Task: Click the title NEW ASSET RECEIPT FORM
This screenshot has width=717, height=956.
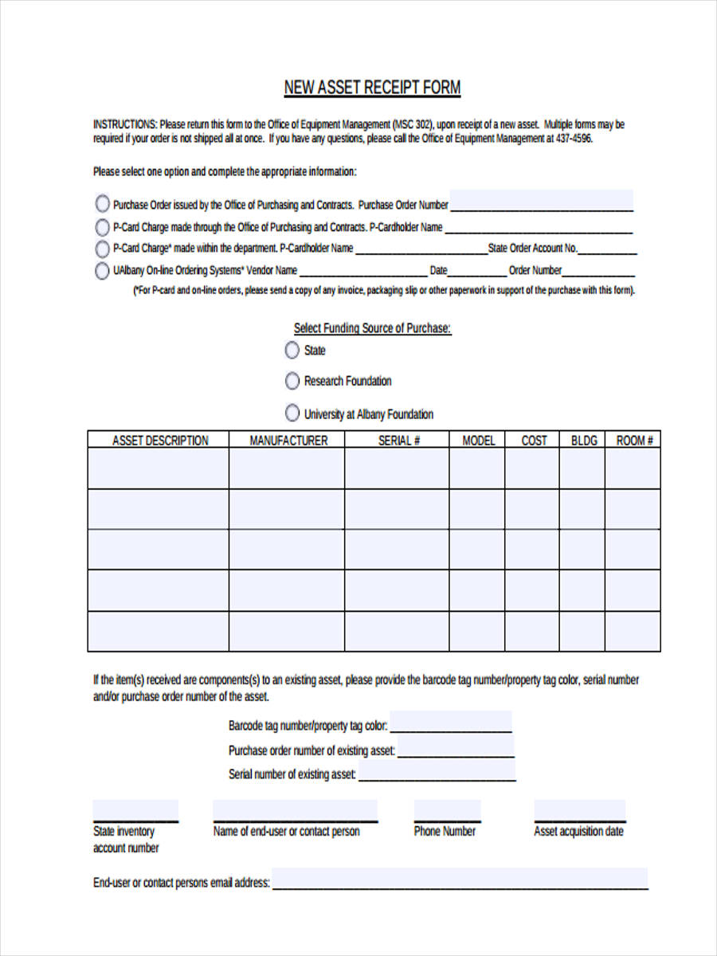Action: [x=372, y=88]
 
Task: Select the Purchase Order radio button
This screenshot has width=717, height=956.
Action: [x=102, y=204]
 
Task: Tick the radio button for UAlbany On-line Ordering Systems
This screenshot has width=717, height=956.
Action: [x=102, y=271]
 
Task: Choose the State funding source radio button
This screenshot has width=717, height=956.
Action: [x=292, y=350]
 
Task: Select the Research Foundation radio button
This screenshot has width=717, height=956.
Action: [x=292, y=381]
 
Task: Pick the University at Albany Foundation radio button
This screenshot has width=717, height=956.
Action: [x=292, y=413]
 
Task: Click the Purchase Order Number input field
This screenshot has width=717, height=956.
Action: [x=542, y=202]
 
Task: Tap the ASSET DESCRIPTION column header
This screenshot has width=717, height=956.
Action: [x=159, y=441]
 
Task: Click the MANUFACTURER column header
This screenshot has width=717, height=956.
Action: [x=288, y=441]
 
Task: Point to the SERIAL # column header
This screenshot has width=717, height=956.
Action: [x=398, y=441]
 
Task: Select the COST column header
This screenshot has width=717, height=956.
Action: [x=533, y=441]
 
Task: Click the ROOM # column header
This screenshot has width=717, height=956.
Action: [x=634, y=441]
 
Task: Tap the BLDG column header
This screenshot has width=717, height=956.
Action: [x=583, y=441]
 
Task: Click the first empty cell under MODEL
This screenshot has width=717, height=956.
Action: [x=478, y=468]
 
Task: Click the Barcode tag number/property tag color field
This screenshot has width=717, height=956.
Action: [x=451, y=723]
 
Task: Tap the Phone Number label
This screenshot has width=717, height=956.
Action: [x=445, y=831]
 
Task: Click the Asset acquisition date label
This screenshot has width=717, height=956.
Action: [x=578, y=831]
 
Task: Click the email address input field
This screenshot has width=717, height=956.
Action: [x=460, y=880]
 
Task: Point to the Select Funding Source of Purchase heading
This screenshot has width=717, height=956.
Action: [x=372, y=328]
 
